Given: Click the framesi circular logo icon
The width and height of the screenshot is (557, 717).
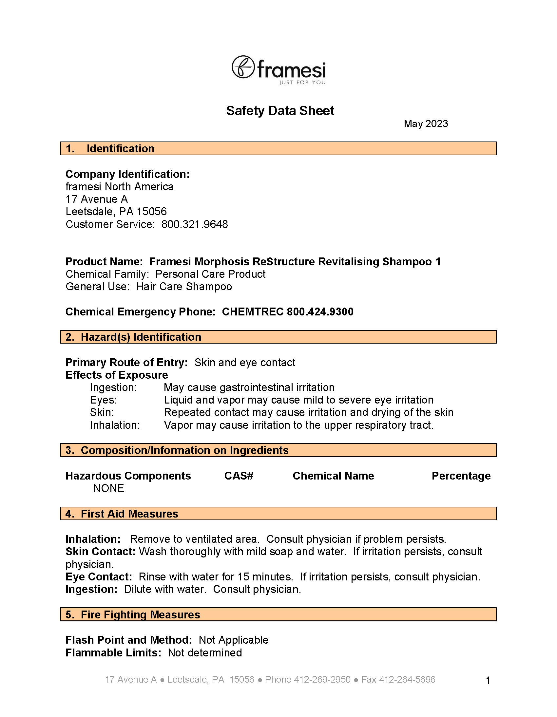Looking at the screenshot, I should pos(243,67).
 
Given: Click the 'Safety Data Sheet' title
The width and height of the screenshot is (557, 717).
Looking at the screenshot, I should pos(280,111).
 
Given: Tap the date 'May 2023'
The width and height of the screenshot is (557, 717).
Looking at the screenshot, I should pos(426,124).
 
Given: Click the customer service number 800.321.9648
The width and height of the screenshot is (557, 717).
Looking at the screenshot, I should pos(194,225).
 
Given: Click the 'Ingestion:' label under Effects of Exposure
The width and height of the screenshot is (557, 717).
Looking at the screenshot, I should pos(113,388).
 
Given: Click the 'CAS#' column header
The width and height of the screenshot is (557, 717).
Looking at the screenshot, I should pos(239,476).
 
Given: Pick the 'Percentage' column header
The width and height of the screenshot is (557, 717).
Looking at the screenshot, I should pos(461,476).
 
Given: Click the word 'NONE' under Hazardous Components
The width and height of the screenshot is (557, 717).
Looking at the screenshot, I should pos(109,488).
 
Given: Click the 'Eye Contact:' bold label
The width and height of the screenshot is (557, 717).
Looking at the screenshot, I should pos(99,577).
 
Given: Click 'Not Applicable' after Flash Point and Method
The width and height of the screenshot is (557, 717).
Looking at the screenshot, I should pos(234,640).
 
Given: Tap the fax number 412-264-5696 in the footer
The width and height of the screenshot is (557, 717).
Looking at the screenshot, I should pos(407,680).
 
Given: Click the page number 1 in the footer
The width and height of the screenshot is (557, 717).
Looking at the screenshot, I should pos(488,681).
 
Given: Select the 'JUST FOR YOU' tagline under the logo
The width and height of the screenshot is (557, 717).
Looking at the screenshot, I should pos(302,83).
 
